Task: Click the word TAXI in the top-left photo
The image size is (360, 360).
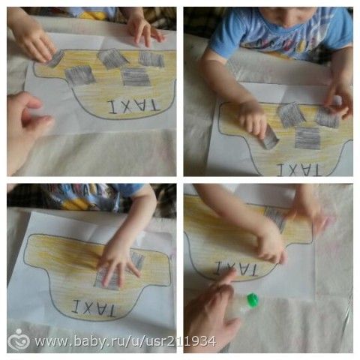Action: point(134,107)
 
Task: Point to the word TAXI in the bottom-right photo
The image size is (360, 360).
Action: point(235,268)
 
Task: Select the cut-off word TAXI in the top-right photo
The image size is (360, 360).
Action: point(299,169)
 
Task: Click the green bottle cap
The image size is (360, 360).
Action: point(253,299)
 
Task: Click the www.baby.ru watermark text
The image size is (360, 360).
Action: point(125,341)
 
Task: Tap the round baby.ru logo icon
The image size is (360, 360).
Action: point(18,340)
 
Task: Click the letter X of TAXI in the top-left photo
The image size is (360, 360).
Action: point(127,107)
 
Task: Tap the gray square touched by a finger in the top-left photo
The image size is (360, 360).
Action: point(55,59)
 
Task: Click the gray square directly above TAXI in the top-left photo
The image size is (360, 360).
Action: point(136,76)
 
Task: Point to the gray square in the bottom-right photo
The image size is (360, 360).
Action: point(276,218)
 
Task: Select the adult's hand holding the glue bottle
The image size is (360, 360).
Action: point(212,313)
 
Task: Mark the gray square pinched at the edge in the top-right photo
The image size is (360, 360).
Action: point(328,116)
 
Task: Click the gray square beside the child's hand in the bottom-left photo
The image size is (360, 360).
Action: point(137,260)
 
